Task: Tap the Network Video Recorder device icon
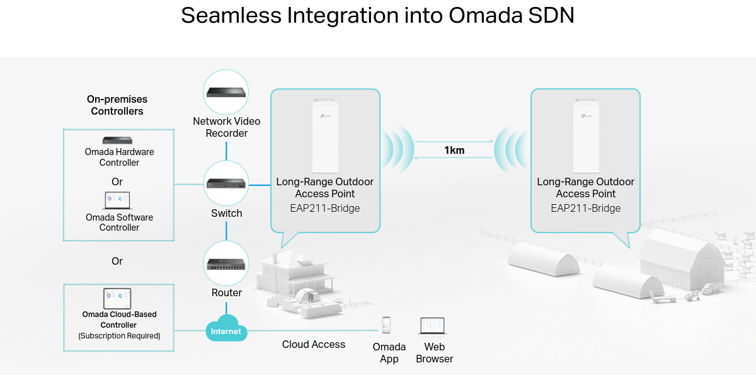[x=226, y=92]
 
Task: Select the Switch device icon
[x=226, y=183]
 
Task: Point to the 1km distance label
[x=454, y=150]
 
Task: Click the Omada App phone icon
[x=386, y=325]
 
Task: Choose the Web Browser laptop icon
[x=433, y=326]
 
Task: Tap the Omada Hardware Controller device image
[x=118, y=140]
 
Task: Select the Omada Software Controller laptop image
[x=117, y=201]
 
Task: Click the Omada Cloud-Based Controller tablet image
[x=117, y=298]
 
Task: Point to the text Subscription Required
[x=119, y=336]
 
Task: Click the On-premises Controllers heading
[x=117, y=105]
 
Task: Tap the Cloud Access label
[x=314, y=344]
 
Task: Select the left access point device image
[x=325, y=135]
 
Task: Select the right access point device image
[x=585, y=135]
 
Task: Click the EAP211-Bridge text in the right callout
[x=586, y=209]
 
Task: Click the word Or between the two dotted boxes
[x=117, y=261]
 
